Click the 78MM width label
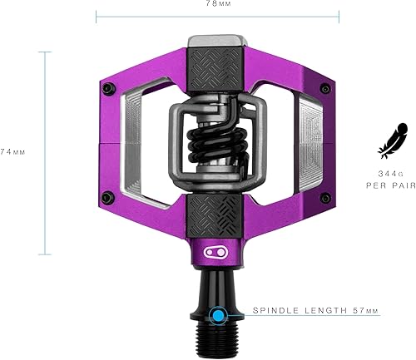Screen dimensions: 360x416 point(218,4)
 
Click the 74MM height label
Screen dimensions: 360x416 point(12,153)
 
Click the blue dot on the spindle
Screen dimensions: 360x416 point(218,316)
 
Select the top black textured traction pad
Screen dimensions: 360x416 point(218,72)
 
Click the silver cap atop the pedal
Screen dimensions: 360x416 point(218,42)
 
